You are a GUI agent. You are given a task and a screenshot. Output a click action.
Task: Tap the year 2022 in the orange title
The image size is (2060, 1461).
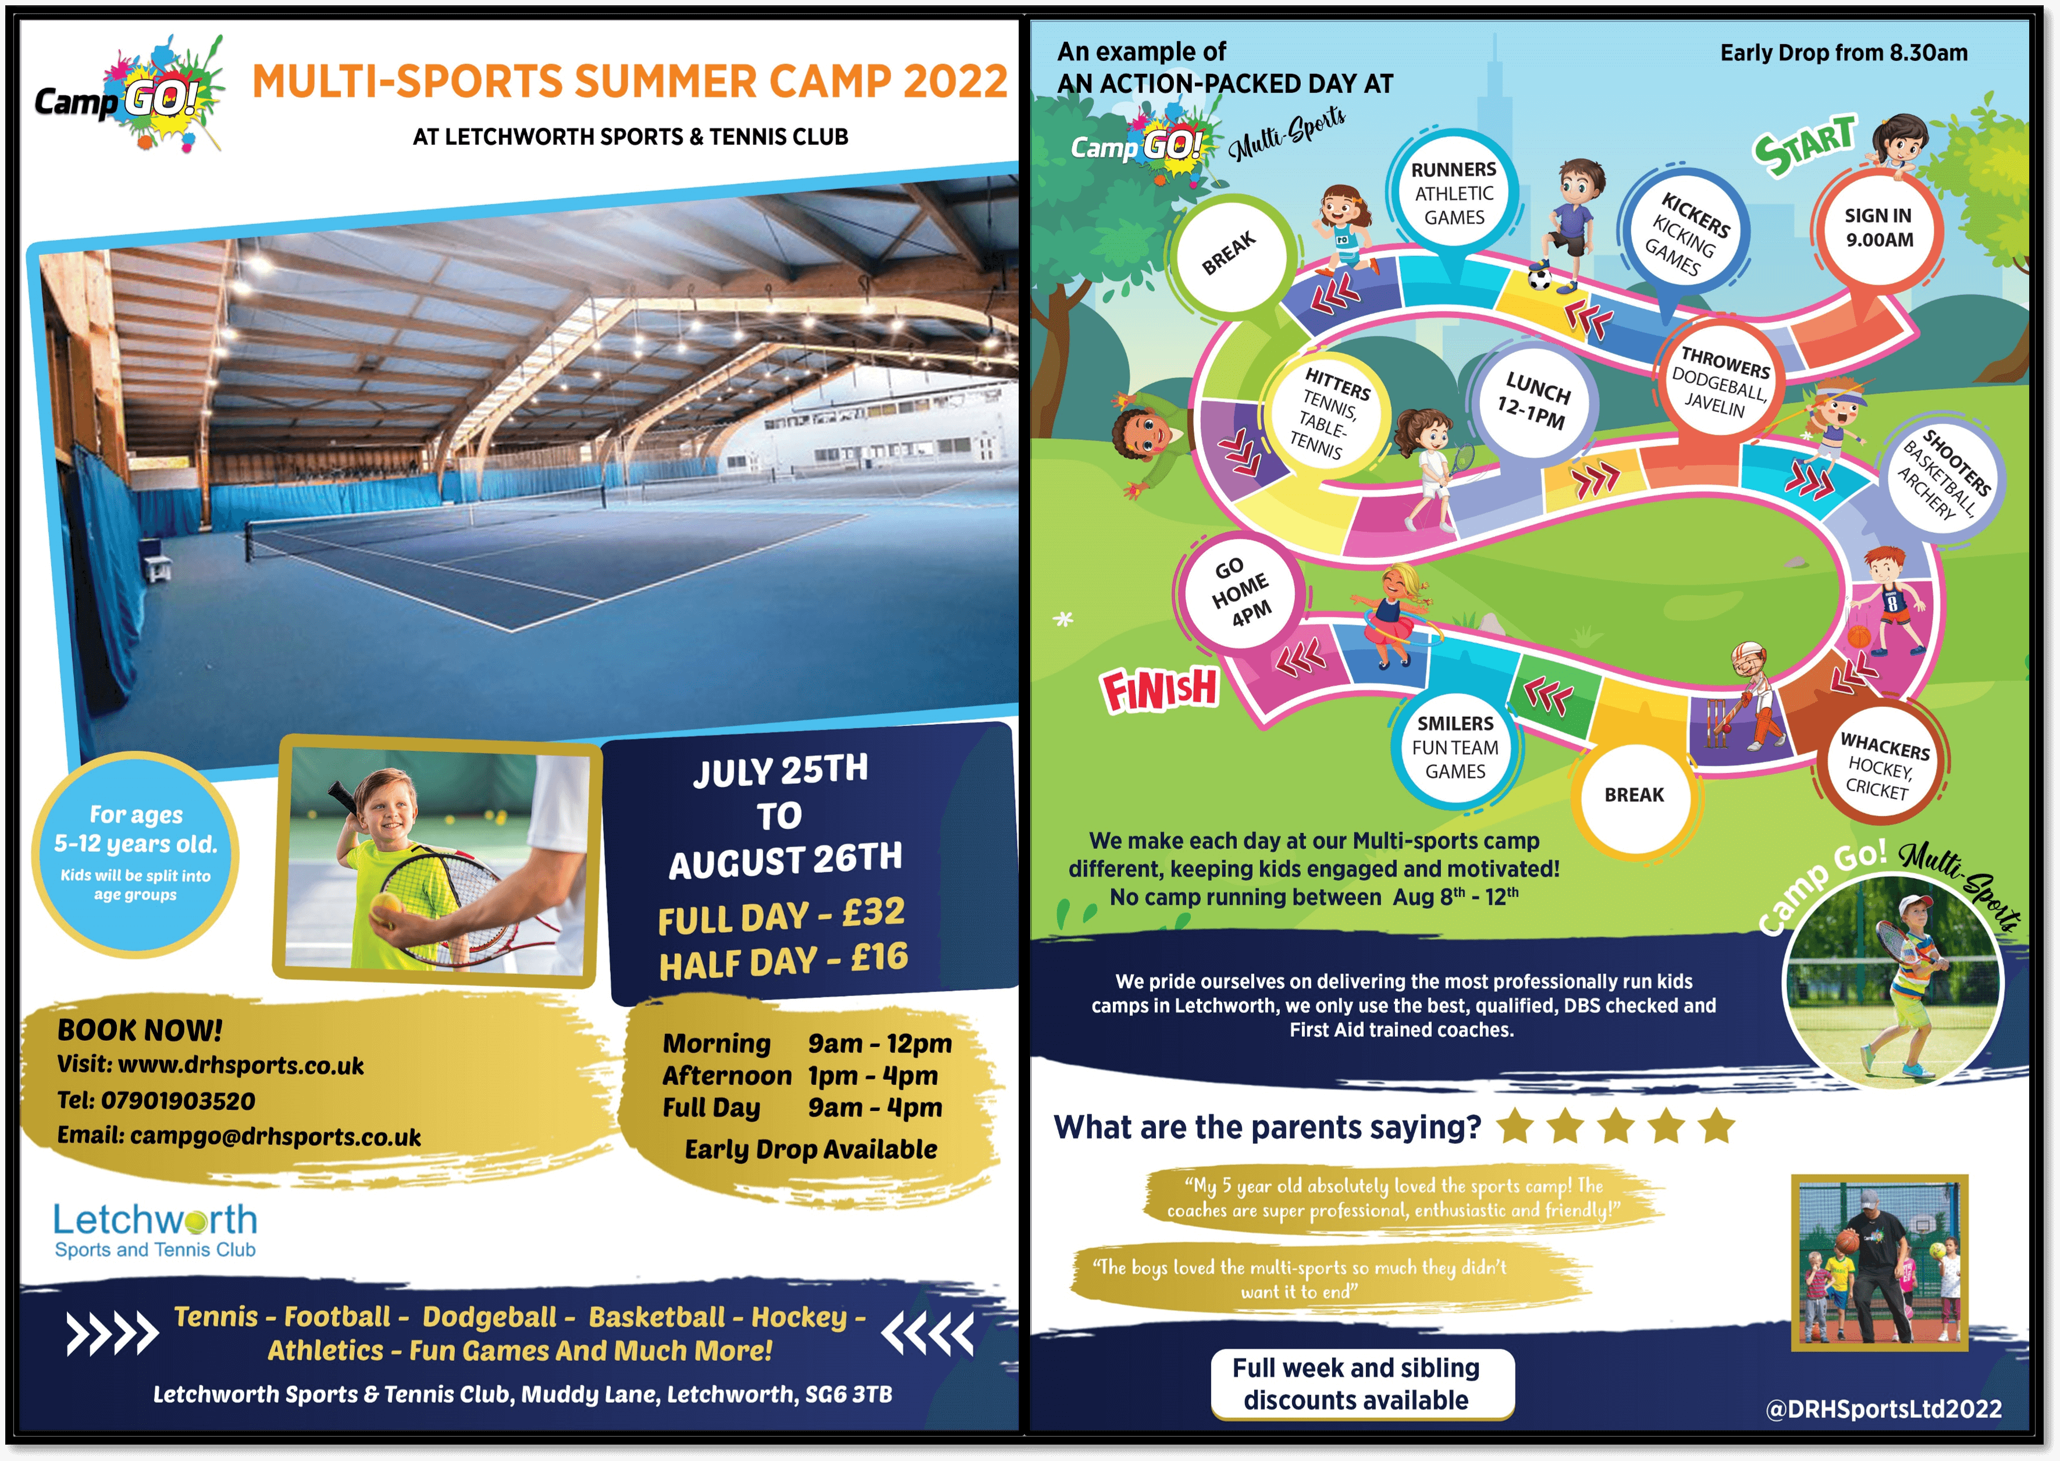(955, 81)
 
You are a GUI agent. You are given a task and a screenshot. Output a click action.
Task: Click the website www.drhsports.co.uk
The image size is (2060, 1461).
(241, 1065)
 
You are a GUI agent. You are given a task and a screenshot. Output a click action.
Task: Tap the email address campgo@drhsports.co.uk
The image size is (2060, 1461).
(275, 1136)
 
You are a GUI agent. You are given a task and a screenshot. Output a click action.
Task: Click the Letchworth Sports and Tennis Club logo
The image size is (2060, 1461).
(155, 1230)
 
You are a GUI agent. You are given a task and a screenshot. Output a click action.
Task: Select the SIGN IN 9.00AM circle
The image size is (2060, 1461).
(1878, 227)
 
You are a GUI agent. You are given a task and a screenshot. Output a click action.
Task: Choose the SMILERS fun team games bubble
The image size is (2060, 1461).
(1454, 747)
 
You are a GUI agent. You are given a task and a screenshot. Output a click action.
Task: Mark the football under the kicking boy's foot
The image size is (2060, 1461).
(1540, 280)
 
